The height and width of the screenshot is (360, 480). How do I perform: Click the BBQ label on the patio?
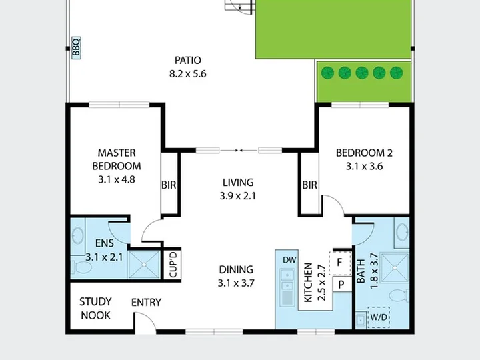click(x=76, y=47)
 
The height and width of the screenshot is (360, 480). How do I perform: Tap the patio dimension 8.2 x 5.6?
click(x=188, y=74)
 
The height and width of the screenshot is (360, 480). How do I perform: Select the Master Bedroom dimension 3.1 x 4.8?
click(x=117, y=179)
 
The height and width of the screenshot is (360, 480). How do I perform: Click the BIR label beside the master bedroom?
click(x=169, y=185)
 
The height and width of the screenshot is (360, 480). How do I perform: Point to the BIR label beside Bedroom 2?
click(x=309, y=185)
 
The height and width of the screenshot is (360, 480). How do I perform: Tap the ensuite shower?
click(x=144, y=265)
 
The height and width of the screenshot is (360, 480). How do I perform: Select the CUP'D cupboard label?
click(x=173, y=265)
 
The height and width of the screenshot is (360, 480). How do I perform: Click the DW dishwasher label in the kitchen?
click(x=289, y=260)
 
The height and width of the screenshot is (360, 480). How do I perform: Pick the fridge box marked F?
click(x=340, y=263)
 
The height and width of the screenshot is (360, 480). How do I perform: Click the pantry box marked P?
click(x=342, y=285)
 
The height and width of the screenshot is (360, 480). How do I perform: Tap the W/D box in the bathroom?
click(x=379, y=317)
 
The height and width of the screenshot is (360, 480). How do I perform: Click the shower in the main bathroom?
click(x=395, y=267)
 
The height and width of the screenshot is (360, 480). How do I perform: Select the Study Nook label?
click(x=95, y=309)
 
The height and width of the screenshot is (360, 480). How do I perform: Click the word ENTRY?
click(x=146, y=303)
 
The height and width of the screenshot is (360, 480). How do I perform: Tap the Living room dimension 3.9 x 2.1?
click(x=237, y=196)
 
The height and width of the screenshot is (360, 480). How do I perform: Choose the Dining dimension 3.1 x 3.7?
click(x=236, y=283)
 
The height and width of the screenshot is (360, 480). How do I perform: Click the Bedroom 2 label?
click(x=364, y=153)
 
